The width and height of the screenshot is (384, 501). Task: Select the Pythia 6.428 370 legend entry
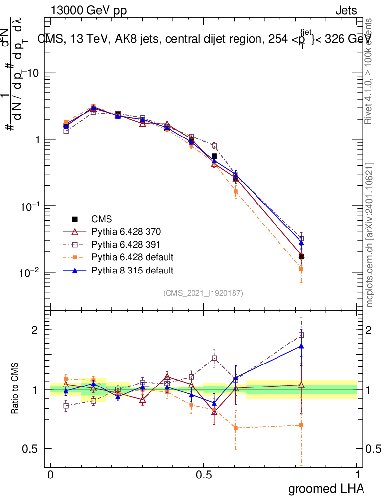tap(126, 231)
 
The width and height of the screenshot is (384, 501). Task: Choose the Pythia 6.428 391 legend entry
tap(126, 244)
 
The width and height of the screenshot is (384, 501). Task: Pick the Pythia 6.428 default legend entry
tap(132, 257)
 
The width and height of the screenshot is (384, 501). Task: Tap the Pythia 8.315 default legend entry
tap(132, 270)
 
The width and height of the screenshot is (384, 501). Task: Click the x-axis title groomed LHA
tap(326, 488)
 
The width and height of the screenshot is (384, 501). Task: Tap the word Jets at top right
tap(346, 10)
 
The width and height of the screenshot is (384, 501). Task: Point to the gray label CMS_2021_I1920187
tap(203, 293)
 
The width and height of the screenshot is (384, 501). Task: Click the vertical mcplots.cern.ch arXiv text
tap(370, 235)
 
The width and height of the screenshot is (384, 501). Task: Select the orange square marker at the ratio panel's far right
tap(301, 425)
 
